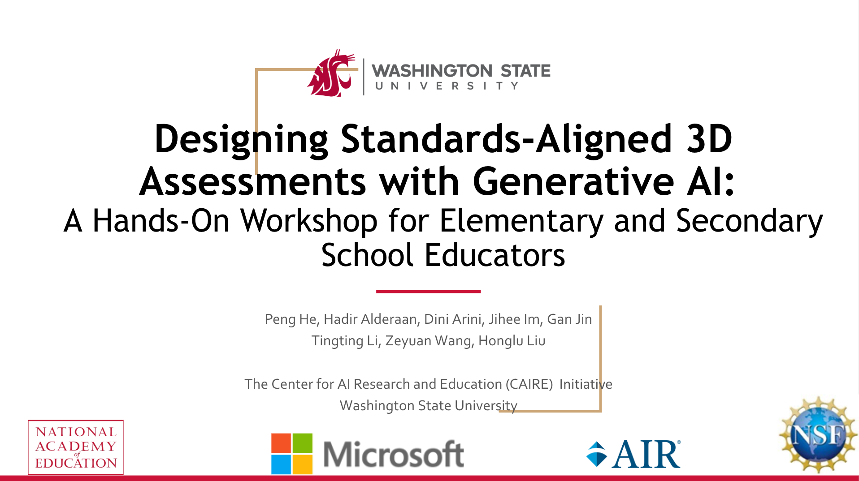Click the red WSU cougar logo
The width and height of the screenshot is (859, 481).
point(331,73)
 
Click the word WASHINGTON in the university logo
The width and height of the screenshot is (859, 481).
point(432,71)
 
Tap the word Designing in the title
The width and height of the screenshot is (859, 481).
point(241,139)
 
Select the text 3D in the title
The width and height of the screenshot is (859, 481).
point(709,139)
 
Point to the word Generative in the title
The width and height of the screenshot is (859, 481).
point(573,181)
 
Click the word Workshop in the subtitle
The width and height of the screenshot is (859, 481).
point(309,221)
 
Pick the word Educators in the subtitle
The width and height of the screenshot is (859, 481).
point(495,255)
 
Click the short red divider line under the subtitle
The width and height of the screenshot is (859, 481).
point(428,292)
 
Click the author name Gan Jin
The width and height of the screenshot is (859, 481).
point(569,319)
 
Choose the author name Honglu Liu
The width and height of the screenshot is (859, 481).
point(512,341)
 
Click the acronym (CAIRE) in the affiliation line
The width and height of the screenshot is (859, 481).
point(529,384)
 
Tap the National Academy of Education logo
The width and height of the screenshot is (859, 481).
point(76,447)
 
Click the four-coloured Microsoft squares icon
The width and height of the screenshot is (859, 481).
point(292,454)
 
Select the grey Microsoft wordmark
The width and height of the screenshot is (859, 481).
point(394,454)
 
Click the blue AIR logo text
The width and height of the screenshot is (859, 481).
point(646,454)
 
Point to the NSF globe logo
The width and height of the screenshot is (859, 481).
point(818,434)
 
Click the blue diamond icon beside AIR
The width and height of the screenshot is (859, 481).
point(597,454)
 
